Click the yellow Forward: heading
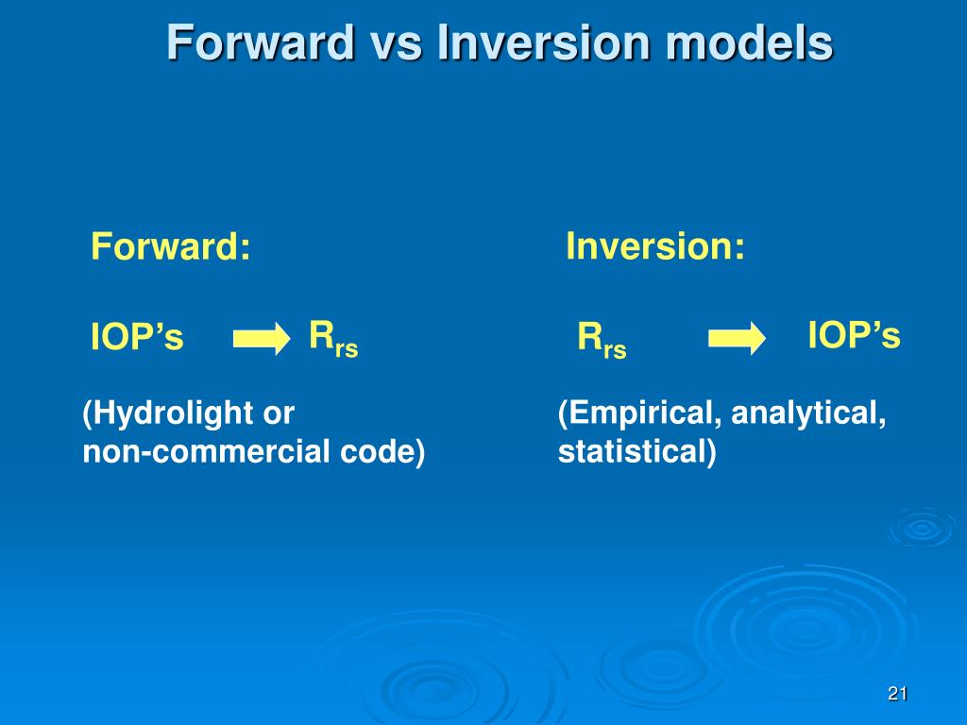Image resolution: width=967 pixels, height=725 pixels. click(x=171, y=246)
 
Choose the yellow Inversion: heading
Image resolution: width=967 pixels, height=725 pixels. click(x=655, y=246)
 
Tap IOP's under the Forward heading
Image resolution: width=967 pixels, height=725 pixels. click(x=137, y=337)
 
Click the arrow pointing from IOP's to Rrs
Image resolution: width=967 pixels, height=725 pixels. click(x=262, y=339)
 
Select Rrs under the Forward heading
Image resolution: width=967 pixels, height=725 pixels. click(x=333, y=340)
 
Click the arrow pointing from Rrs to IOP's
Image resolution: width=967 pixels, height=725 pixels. click(x=737, y=339)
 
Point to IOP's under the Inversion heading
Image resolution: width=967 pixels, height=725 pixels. click(x=854, y=335)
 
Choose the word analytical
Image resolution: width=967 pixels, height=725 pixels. click(x=808, y=413)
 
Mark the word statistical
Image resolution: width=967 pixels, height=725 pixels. click(x=636, y=452)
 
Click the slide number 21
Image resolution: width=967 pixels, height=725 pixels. click(x=897, y=694)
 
